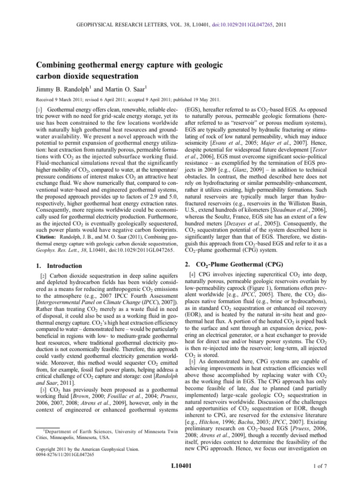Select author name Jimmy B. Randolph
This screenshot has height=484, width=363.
(x=62, y=88)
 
